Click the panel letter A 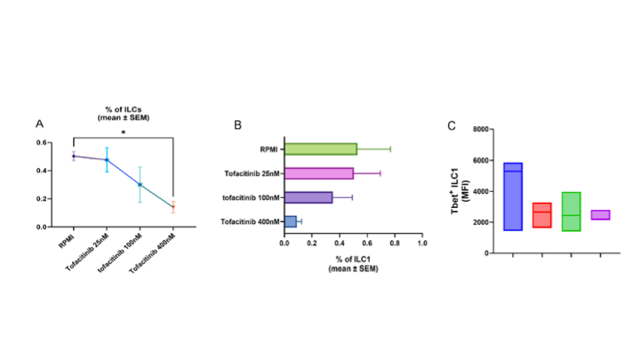pos(39,124)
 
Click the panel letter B pos(237,124)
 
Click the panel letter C pos(452,125)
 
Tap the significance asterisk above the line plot pos(123,132)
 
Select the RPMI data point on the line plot pos(74,156)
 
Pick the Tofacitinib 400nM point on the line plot pos(173,207)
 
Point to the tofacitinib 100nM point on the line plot pos(140,185)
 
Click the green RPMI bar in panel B pos(320,148)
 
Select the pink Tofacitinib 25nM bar pos(318,172)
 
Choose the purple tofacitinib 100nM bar pos(308,196)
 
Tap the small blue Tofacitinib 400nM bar pos(290,220)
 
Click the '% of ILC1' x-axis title pos(353,254)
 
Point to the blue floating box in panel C pos(513,196)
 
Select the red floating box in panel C pos(542,215)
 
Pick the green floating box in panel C pos(572,212)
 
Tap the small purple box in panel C pos(600,214)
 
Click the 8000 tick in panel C pos(482,130)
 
